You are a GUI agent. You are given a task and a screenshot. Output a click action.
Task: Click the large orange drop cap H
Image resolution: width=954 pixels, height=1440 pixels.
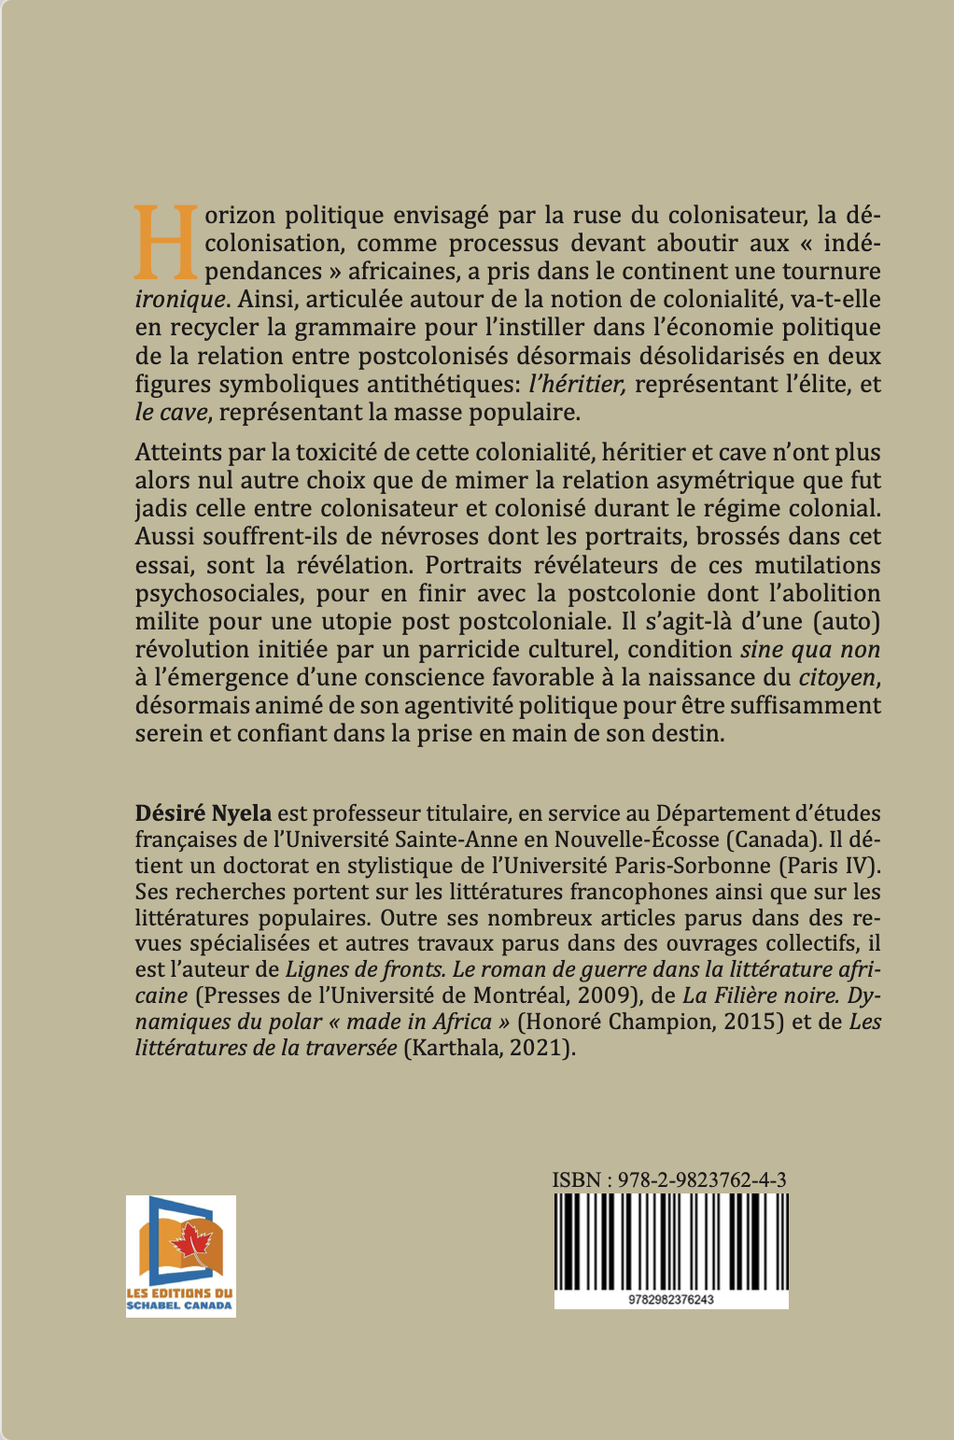(x=166, y=243)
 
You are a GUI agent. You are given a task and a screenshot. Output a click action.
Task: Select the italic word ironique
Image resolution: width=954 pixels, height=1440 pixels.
(x=180, y=300)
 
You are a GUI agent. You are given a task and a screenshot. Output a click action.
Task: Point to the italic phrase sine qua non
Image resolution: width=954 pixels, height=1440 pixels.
(x=810, y=649)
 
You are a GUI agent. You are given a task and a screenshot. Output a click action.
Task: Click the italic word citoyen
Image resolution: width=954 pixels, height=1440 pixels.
(x=838, y=677)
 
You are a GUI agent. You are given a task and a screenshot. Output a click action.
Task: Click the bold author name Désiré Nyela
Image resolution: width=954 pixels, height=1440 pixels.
(x=203, y=813)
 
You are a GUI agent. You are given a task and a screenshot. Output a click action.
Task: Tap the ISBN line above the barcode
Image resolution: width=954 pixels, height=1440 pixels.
(x=669, y=1179)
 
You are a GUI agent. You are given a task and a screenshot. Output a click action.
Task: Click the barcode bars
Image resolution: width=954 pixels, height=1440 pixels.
(x=670, y=1240)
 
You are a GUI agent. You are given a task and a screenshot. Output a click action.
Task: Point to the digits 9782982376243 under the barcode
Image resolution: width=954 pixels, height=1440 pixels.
(x=671, y=1300)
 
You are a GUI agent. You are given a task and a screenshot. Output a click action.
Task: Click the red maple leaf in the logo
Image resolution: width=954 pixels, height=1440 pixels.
(x=193, y=1242)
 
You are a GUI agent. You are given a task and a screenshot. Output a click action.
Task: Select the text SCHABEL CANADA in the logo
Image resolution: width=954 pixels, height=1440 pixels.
(x=180, y=1306)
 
